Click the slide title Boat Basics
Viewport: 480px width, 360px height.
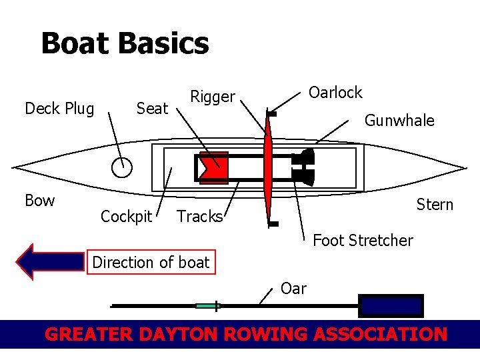point(125,44)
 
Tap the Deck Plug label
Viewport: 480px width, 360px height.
point(59,109)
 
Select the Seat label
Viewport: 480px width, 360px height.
point(152,109)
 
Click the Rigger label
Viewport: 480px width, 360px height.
point(213,97)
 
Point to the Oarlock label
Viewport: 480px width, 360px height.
point(335,93)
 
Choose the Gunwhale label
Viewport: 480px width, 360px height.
point(399,121)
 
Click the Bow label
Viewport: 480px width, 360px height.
point(39,201)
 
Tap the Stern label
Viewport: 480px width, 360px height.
point(435,205)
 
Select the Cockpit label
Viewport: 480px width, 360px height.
point(126,217)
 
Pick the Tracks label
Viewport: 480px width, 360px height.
point(199,217)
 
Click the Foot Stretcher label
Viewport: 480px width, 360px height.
point(363,240)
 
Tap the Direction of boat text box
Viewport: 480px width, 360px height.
point(151,263)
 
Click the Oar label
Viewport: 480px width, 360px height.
point(293,289)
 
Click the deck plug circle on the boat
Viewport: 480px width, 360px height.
point(121,167)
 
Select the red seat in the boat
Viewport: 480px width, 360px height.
point(214,168)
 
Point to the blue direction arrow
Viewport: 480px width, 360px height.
point(50,261)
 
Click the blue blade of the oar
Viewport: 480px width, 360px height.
point(391,305)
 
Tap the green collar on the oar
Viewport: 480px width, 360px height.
point(207,306)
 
